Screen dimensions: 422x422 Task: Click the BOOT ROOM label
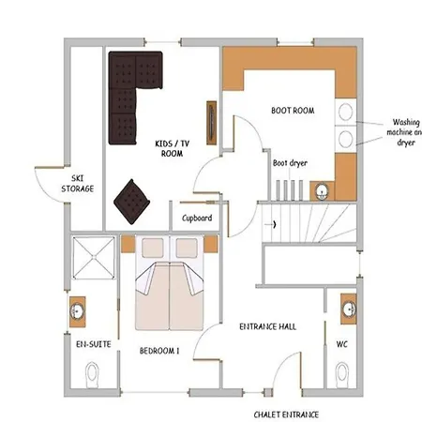pyautogui.click(x=293, y=111)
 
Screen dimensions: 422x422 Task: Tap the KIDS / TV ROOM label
pyautogui.click(x=172, y=148)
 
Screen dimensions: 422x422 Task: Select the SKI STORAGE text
pyautogui.click(x=78, y=184)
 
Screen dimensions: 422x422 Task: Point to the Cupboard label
pyautogui.click(x=197, y=218)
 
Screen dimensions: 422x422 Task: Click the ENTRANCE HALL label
pyautogui.click(x=268, y=326)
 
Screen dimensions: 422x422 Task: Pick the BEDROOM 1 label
pyautogui.click(x=159, y=351)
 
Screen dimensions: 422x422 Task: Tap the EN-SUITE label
pyautogui.click(x=94, y=344)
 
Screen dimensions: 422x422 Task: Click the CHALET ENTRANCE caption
pyautogui.click(x=286, y=414)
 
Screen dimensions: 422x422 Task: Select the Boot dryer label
pyautogui.click(x=290, y=163)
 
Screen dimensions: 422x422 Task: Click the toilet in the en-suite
pyautogui.click(x=92, y=374)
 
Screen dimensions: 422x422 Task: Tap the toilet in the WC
pyautogui.click(x=342, y=374)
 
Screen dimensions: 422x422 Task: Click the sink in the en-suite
pyautogui.click(x=77, y=311)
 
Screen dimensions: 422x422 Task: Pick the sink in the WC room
pyautogui.click(x=349, y=309)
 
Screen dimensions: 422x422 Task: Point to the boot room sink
pyautogui.click(x=322, y=191)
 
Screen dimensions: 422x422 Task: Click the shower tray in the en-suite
pyautogui.click(x=94, y=258)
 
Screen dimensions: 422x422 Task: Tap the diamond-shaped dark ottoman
pyautogui.click(x=131, y=202)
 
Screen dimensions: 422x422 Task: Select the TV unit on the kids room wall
pyautogui.click(x=212, y=123)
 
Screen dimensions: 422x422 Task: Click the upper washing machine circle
pyautogui.click(x=345, y=112)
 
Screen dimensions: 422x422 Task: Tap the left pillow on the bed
pyautogui.click(x=153, y=248)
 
